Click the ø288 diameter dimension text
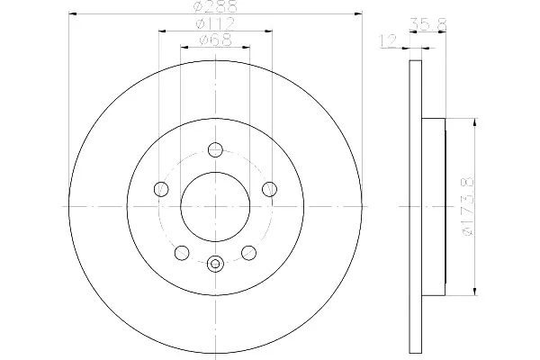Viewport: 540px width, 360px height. [215, 6]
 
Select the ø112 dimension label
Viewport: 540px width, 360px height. [215, 23]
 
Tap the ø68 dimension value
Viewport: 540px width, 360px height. [216, 40]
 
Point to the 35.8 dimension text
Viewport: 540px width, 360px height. [428, 24]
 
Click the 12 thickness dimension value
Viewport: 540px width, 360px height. [388, 40]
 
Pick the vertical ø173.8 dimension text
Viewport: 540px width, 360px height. [469, 206]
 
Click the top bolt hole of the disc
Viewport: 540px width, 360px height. [216, 149]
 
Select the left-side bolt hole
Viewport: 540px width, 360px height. [161, 189]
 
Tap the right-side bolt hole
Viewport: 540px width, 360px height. [269, 189]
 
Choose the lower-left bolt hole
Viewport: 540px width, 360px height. [182, 253]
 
